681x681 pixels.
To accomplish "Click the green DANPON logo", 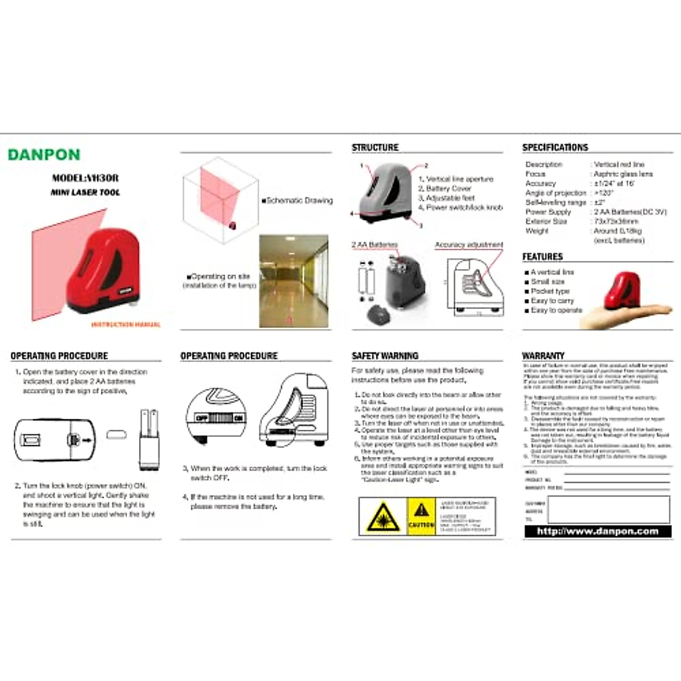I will (44, 154).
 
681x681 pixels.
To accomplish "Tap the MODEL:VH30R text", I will (85, 178).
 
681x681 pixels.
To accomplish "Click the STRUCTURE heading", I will (375, 148).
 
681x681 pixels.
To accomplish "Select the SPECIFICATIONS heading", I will (555, 148).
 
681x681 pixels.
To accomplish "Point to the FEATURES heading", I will (543, 257).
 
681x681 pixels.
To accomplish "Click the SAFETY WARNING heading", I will (385, 356).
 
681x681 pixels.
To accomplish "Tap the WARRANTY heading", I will (543, 356).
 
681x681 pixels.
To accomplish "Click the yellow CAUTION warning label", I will (421, 516).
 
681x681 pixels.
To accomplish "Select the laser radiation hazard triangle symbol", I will (383, 516).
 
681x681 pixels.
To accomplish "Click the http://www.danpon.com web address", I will (597, 532).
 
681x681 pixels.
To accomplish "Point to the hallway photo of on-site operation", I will (293, 281).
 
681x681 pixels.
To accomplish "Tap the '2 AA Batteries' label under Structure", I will (375, 245).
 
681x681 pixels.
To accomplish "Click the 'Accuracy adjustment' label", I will (469, 245).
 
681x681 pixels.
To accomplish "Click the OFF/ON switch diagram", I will (219, 418).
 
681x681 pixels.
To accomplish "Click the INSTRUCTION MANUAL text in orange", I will (125, 325).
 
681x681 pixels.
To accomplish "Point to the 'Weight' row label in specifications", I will (537, 231).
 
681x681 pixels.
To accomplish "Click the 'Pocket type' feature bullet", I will (549, 291).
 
